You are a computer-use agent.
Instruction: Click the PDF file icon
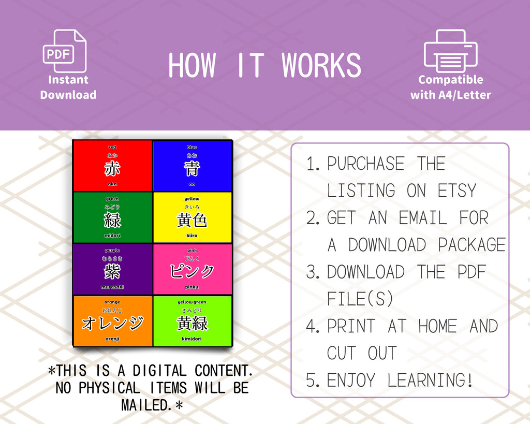64,51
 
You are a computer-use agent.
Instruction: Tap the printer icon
450,51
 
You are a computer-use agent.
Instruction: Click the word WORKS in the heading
321,66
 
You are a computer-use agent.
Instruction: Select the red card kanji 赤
112,168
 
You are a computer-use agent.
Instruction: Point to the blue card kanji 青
192,168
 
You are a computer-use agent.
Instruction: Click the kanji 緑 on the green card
112,220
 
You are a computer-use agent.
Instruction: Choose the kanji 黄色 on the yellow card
192,220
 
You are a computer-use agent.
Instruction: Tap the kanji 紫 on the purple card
112,271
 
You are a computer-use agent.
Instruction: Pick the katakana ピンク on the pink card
192,271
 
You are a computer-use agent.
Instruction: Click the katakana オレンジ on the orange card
112,323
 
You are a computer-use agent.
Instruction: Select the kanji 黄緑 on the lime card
192,323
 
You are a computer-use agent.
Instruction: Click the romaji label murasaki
112,287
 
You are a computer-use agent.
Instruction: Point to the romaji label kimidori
192,339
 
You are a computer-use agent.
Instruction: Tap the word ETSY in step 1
457,191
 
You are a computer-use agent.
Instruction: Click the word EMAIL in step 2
422,218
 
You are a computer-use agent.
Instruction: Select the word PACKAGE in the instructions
472,245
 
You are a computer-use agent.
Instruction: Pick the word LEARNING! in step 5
430,381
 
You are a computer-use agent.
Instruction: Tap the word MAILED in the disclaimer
147,405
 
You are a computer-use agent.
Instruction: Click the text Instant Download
68,87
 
